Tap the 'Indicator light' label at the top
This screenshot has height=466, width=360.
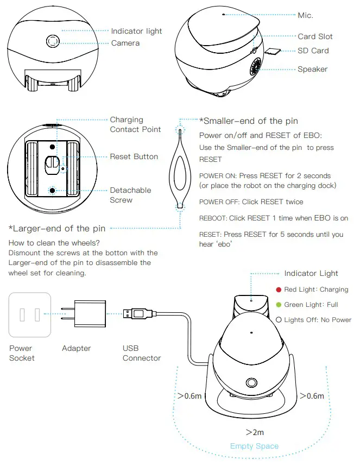[136, 31]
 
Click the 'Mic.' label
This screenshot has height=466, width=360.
[305, 15]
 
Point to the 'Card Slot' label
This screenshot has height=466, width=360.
[315, 36]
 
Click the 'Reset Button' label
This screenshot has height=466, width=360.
[134, 156]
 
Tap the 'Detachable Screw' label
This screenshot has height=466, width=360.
[130, 195]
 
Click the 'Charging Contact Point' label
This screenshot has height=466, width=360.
[135, 124]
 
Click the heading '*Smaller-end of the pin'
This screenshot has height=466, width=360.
[248, 121]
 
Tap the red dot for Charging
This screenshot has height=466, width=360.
[279, 290]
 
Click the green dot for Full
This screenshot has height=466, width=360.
[279, 305]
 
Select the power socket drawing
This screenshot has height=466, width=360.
[30, 314]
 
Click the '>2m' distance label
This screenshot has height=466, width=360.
[254, 432]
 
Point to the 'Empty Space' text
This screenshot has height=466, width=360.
[254, 446]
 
